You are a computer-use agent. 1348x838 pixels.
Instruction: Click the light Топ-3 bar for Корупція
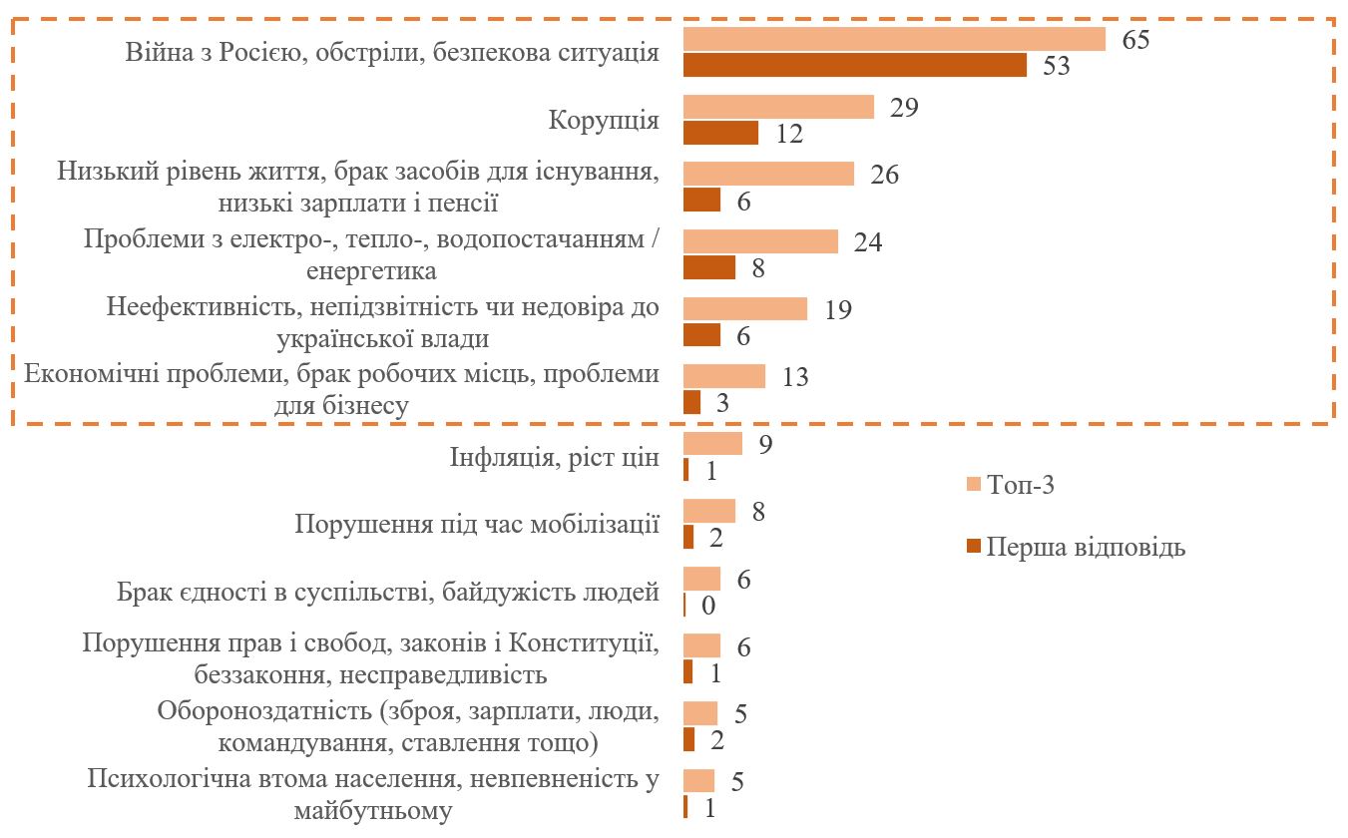click(778, 108)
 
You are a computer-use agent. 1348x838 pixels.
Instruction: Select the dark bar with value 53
click(854, 66)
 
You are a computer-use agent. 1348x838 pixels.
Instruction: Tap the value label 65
click(1135, 41)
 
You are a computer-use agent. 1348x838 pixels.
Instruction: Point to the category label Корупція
click(604, 121)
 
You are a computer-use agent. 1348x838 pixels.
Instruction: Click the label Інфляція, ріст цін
click(552, 459)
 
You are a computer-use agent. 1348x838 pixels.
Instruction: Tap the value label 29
click(904, 109)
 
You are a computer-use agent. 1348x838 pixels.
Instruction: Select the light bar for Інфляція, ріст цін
click(712, 444)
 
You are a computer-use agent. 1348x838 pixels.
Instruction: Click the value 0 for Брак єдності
click(711, 606)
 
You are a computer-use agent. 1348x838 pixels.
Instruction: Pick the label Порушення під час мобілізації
click(477, 525)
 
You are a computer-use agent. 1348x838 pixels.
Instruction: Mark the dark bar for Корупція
click(720, 133)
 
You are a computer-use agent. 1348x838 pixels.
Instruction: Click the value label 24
click(868, 243)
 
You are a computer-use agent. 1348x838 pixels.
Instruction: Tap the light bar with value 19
click(744, 309)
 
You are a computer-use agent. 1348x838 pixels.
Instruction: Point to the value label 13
click(794, 378)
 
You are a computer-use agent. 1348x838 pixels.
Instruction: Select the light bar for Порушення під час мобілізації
click(708, 512)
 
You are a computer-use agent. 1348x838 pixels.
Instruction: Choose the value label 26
click(884, 176)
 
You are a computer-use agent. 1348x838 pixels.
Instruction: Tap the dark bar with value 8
click(708, 267)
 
